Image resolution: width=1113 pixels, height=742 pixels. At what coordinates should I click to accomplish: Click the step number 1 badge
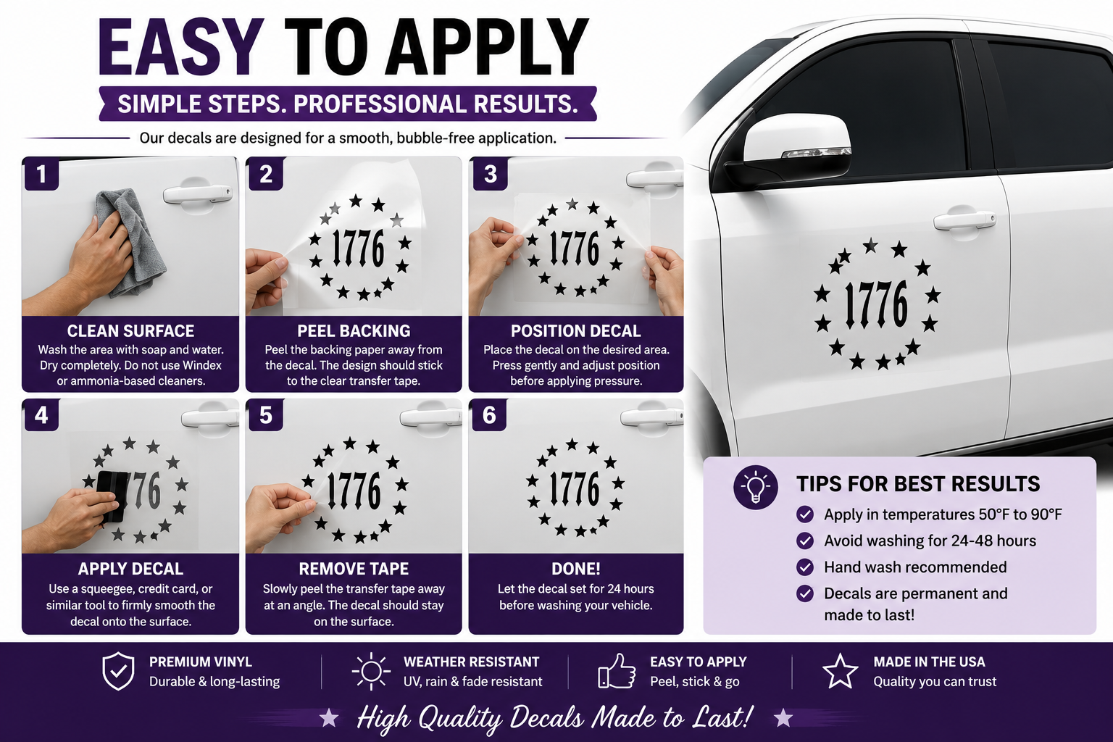41,173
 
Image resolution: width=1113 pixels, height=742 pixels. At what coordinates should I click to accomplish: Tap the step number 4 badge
41,414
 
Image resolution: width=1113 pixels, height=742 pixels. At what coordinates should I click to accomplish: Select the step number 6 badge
489,414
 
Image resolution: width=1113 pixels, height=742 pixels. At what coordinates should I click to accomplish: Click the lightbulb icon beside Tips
755,487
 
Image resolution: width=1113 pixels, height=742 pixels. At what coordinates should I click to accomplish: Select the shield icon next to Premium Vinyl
118,672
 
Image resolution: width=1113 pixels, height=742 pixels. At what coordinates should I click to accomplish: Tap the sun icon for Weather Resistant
371,672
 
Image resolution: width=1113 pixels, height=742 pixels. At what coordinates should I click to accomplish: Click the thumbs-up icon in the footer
617,671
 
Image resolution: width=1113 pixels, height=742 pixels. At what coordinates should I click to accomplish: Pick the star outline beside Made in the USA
841,671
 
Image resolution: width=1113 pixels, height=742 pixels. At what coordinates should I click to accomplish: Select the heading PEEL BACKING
354,331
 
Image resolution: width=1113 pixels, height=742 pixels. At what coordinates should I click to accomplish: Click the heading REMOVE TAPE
354,569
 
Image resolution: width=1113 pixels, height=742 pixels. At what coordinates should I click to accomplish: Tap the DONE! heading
576,569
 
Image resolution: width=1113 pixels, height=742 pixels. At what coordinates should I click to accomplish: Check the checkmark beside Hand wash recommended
805,567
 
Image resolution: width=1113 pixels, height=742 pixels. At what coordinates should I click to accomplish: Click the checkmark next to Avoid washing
805,541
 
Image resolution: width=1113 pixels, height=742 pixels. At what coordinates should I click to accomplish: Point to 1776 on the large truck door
876,304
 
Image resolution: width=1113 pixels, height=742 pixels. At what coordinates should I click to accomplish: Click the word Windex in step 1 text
202,365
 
